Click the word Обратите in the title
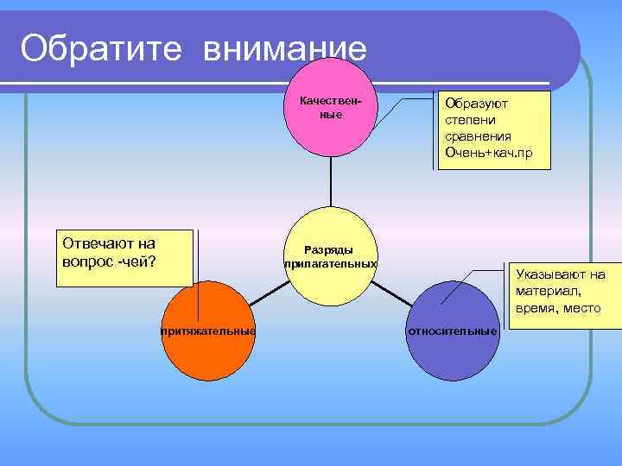99,48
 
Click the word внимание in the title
286,48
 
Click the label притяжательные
207,331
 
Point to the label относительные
452,331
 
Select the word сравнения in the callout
478,136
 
